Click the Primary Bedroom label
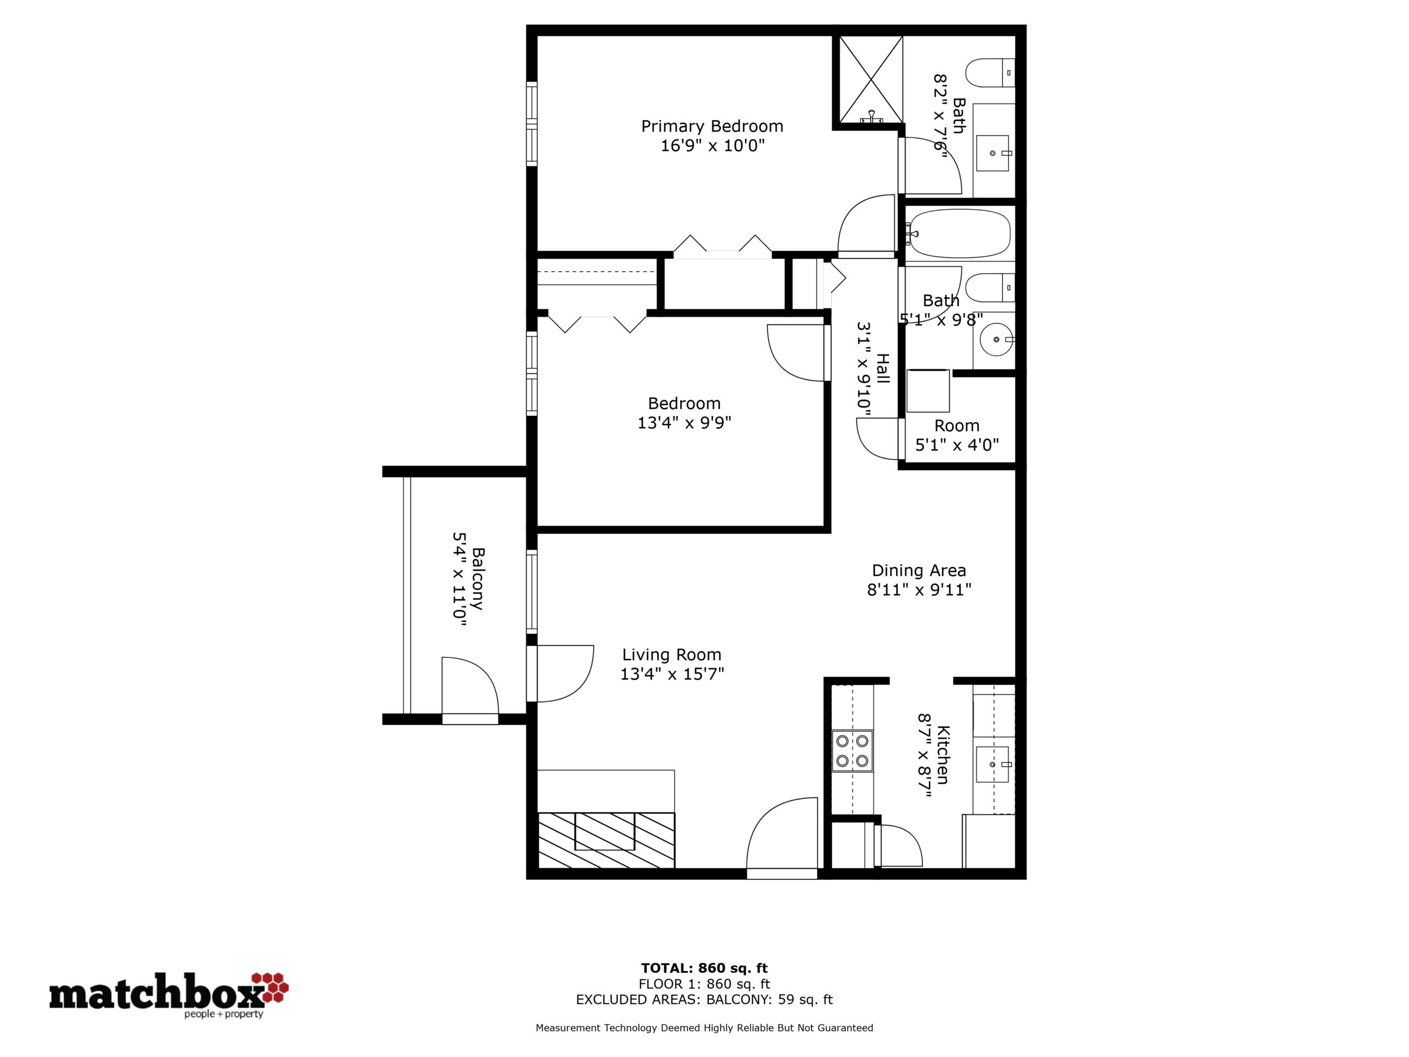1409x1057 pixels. click(712, 126)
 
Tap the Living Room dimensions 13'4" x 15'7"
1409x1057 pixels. click(672, 674)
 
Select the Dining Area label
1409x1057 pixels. click(919, 570)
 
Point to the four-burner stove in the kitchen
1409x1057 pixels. click(852, 750)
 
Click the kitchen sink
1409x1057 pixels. click(993, 764)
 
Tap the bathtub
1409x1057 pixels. click(958, 234)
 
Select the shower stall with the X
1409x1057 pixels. click(871, 79)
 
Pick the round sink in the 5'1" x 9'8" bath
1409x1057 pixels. click(996, 340)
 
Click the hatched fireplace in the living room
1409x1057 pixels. click(606, 840)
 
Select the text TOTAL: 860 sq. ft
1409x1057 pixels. click(704, 968)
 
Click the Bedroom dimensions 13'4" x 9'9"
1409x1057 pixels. click(684, 422)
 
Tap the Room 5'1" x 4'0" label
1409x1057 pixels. click(957, 435)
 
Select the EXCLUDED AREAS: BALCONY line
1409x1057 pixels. click(704, 1000)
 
